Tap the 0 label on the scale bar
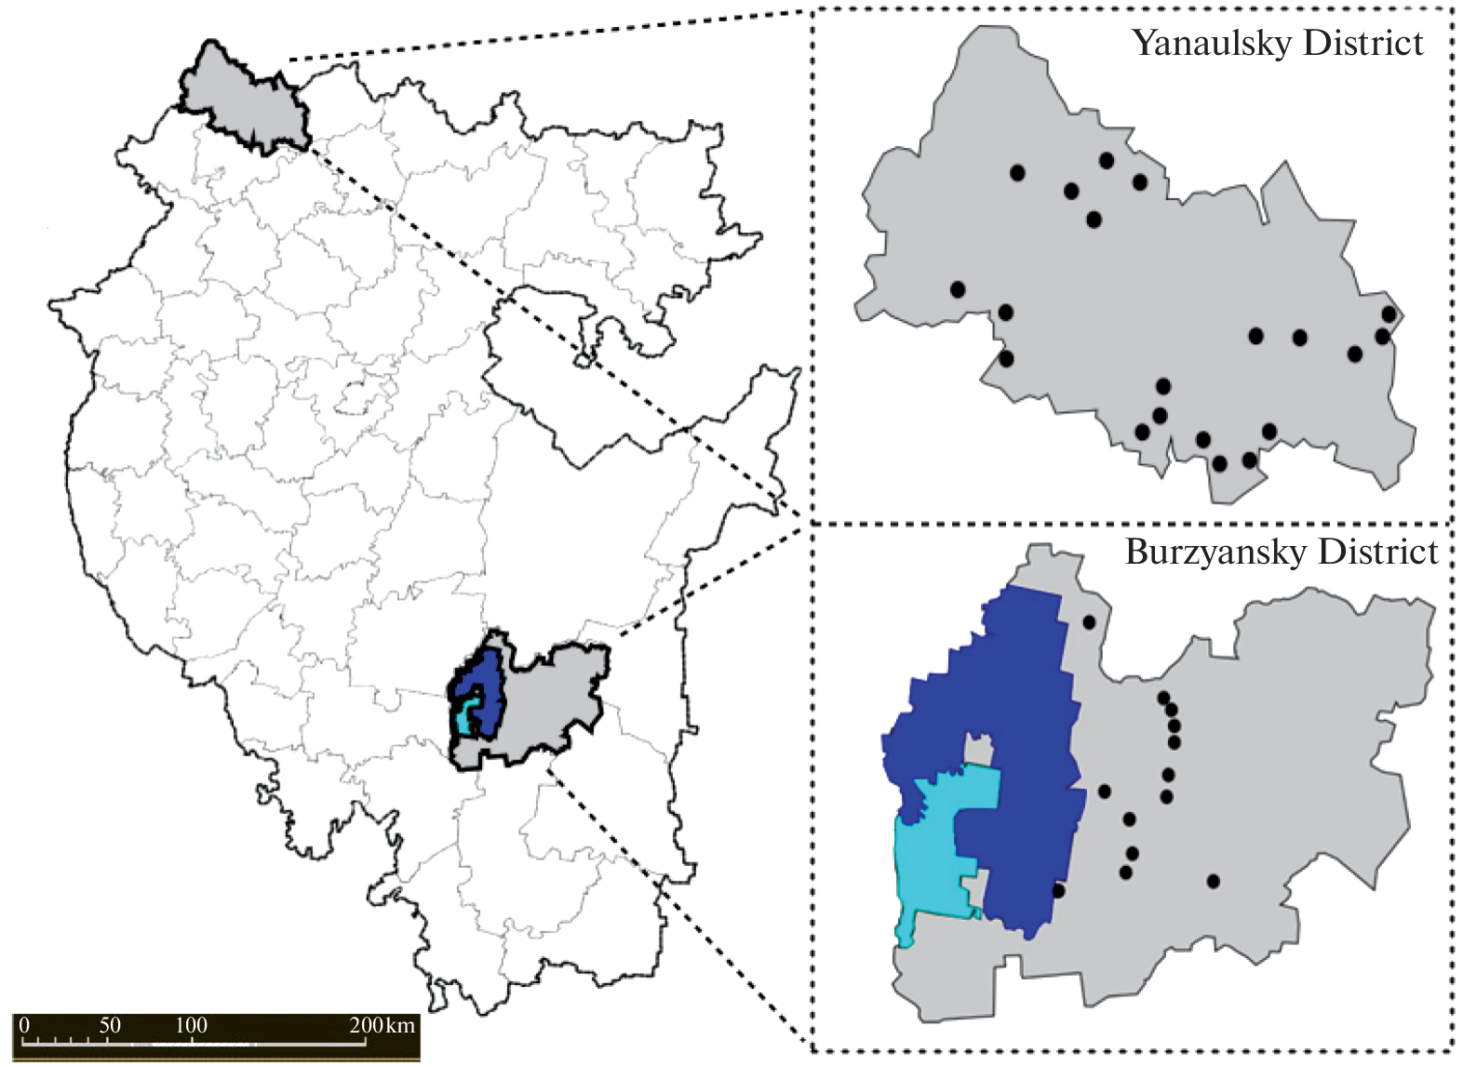point(24,1025)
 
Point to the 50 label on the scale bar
point(110,1025)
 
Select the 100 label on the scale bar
point(191,1025)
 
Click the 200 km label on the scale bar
point(382,1025)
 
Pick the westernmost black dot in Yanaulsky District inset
point(958,289)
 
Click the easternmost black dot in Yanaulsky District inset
point(1389,314)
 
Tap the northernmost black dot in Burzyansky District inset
point(1089,621)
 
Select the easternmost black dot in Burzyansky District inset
point(1213,881)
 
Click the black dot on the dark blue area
point(1058,890)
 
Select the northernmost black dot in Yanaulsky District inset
point(1106,160)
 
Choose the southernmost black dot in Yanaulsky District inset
point(1219,463)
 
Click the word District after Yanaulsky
point(1363,44)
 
